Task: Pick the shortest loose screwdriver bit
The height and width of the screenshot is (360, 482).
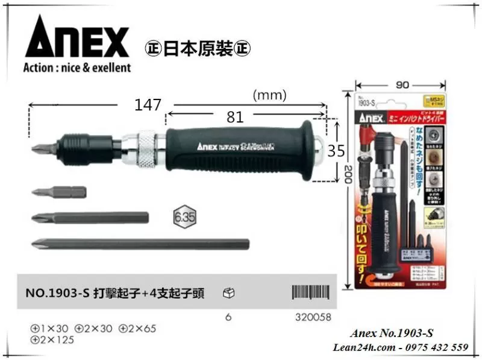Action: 58,193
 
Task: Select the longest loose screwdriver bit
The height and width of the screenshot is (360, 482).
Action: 139,244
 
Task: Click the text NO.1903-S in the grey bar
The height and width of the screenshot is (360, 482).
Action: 58,294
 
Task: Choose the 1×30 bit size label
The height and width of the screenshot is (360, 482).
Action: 50,329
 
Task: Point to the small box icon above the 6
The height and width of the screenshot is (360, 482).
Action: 228,293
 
